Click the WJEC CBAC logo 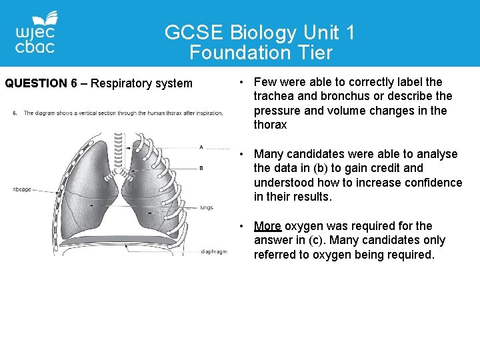(x=37, y=33)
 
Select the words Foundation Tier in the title (x=261, y=52)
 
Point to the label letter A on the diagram (x=201, y=147)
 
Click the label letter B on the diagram (x=201, y=169)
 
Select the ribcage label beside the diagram (x=21, y=189)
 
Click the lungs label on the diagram (x=207, y=207)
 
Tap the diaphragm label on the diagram (x=214, y=251)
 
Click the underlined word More (x=267, y=226)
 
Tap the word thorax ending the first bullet (x=270, y=125)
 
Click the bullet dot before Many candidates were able (x=243, y=154)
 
